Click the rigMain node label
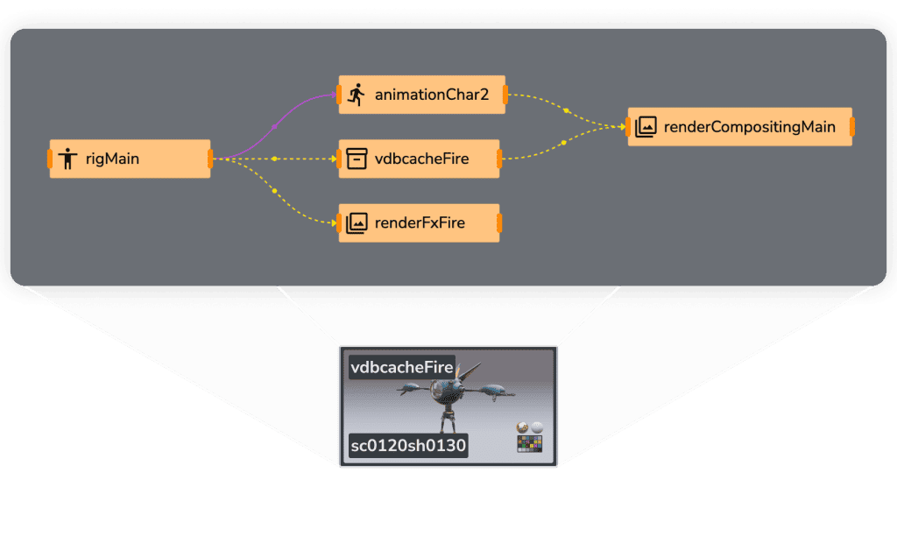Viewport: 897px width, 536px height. pyautogui.click(x=112, y=159)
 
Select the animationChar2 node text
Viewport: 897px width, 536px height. pyautogui.click(x=432, y=95)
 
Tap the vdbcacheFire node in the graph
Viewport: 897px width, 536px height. pyautogui.click(x=419, y=159)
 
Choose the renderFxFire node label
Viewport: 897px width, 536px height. pyautogui.click(x=420, y=222)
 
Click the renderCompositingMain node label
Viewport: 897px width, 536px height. pyautogui.click(x=750, y=127)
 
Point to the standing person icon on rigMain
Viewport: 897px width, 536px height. pyautogui.click(x=67, y=159)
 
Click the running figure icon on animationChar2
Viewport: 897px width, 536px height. pyautogui.click(x=357, y=95)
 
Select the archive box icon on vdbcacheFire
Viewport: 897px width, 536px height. pyautogui.click(x=357, y=159)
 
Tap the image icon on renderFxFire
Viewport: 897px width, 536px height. pyautogui.click(x=357, y=223)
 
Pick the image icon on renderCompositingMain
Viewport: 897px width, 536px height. pyautogui.click(x=646, y=127)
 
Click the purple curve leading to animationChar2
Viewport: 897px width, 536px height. pyautogui.click(x=274, y=126)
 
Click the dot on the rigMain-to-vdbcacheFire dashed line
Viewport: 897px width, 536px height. pyautogui.click(x=274, y=159)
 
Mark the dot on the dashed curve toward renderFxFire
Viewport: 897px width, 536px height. pyautogui.click(x=274, y=190)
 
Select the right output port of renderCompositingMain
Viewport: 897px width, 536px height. pyautogui.click(x=852, y=127)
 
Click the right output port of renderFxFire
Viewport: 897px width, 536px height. pyautogui.click(x=499, y=223)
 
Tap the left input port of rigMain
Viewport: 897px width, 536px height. pyautogui.click(x=50, y=159)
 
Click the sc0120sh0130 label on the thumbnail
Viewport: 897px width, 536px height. pyautogui.click(x=408, y=445)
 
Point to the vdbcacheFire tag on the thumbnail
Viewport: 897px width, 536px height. pyautogui.click(x=401, y=367)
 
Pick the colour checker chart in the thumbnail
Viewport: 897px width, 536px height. pyautogui.click(x=530, y=444)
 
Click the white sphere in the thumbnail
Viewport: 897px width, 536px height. pyautogui.click(x=537, y=427)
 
